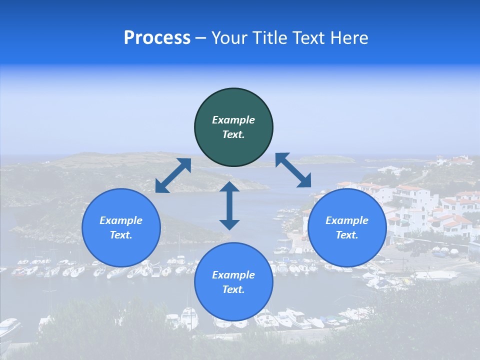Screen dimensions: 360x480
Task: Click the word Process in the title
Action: pyautogui.click(x=157, y=38)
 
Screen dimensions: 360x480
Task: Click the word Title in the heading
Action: pyautogui.click(x=268, y=38)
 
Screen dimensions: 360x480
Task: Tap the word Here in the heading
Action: pyautogui.click(x=349, y=38)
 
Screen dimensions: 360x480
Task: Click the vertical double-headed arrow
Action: pyautogui.click(x=229, y=205)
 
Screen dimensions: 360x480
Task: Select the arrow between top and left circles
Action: pyautogui.click(x=173, y=175)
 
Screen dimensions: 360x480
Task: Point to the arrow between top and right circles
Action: pyautogui.click(x=293, y=170)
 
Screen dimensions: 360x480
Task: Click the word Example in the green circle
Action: pyautogui.click(x=233, y=120)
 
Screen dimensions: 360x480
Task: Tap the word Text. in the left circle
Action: pyautogui.click(x=121, y=235)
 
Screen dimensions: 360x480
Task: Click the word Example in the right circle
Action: pyautogui.click(x=347, y=220)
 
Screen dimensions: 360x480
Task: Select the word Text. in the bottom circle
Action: pyautogui.click(x=233, y=289)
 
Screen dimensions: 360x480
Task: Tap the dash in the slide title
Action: pyautogui.click(x=200, y=38)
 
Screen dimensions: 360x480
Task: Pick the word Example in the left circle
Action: pyautogui.click(x=121, y=220)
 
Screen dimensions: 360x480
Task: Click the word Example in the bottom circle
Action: pyautogui.click(x=233, y=275)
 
